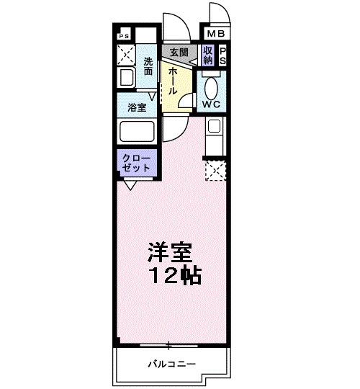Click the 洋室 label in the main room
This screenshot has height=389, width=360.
click(x=170, y=252)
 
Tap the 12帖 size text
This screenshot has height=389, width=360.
click(x=175, y=274)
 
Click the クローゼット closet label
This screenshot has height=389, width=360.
click(x=136, y=163)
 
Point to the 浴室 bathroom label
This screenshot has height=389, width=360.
click(x=137, y=108)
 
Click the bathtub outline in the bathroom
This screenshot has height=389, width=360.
click(x=136, y=132)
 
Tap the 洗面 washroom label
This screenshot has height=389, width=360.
click(x=148, y=66)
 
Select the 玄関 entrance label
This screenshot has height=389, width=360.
click(x=179, y=53)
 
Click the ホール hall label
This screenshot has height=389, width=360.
click(x=173, y=81)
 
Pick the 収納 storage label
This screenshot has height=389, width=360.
click(x=208, y=55)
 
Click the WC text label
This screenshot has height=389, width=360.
click(x=211, y=104)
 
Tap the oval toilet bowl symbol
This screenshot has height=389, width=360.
click(x=212, y=86)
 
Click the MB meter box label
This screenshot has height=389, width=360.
click(x=216, y=34)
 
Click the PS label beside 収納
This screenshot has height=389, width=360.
click(x=222, y=55)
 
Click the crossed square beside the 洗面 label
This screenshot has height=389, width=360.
click(x=126, y=54)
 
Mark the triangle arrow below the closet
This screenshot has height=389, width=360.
click(x=130, y=185)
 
